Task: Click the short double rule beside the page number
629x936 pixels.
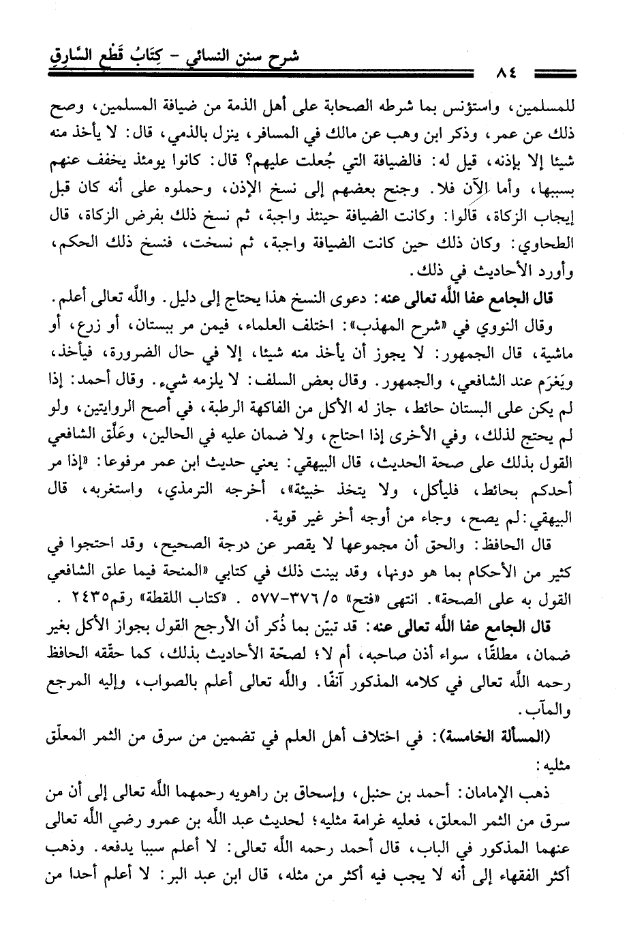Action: [x=554, y=72]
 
